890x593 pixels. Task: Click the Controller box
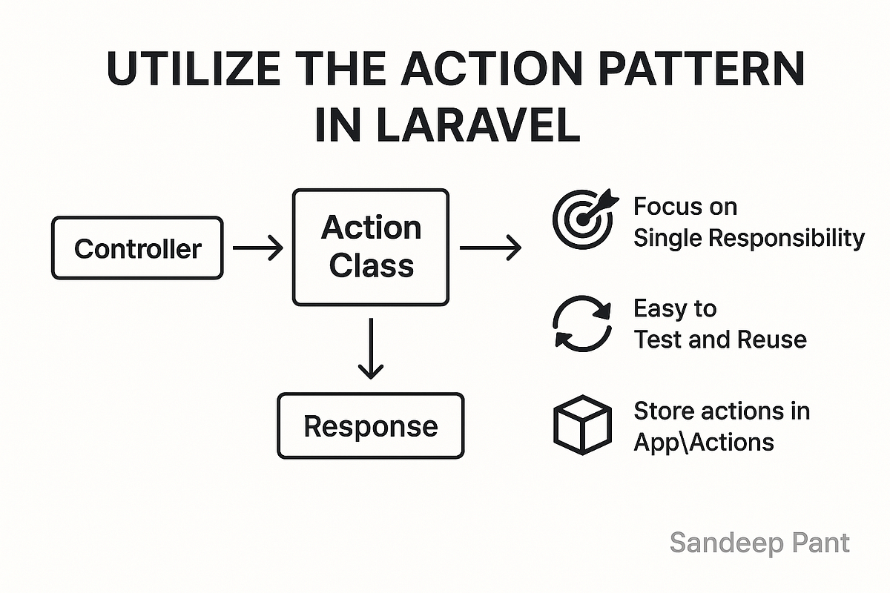click(x=137, y=248)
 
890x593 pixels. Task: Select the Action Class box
click(x=371, y=247)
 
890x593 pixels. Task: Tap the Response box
click(x=371, y=425)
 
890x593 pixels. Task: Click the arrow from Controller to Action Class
click(x=257, y=248)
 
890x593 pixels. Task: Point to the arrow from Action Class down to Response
click(x=370, y=348)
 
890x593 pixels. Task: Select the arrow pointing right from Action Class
click(x=490, y=248)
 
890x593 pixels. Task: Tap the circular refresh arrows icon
click(x=583, y=324)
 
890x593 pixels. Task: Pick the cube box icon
click(x=583, y=425)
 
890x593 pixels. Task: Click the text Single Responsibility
click(x=748, y=238)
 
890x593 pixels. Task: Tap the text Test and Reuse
click(x=719, y=339)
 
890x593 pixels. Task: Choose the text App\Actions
click(x=703, y=442)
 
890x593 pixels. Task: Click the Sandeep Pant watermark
click(x=759, y=543)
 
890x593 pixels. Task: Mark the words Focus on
click(x=685, y=206)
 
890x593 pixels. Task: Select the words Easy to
click(x=674, y=308)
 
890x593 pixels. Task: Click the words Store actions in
click(x=721, y=410)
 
